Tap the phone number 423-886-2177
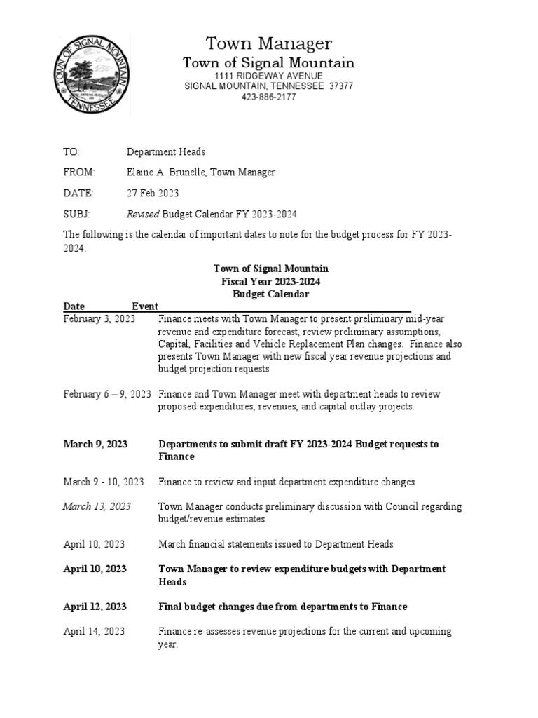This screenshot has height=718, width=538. pos(268,97)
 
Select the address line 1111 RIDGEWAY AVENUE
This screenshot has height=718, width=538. pos(268,75)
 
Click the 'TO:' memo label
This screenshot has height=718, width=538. pos(71,152)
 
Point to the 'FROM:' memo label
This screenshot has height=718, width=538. pos(78,172)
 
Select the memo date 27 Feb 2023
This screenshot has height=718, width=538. pos(153,193)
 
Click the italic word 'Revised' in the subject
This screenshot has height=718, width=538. pos(143,214)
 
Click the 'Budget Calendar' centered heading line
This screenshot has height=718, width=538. pos(270,294)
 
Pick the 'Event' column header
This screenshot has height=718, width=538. pos(145,306)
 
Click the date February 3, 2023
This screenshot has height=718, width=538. pos(99,318)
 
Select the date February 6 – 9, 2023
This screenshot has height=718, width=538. pos(107,394)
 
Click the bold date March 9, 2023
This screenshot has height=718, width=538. pos(95,444)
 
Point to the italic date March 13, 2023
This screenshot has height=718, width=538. pos(97,506)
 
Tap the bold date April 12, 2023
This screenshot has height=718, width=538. pos(95,607)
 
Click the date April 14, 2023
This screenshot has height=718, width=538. pos(95,631)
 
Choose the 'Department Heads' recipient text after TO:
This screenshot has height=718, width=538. pos(166,152)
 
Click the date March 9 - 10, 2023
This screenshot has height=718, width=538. pos(104,482)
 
